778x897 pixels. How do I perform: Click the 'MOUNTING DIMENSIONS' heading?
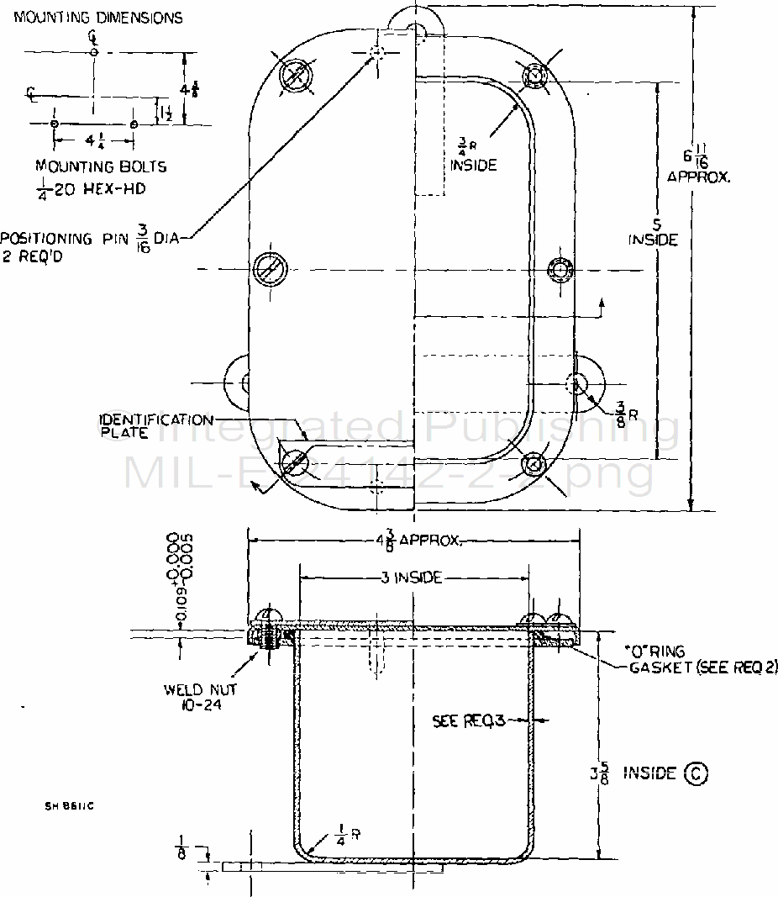(x=98, y=17)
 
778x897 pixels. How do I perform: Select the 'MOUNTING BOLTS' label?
(x=101, y=166)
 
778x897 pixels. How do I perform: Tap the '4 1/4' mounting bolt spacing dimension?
(x=92, y=140)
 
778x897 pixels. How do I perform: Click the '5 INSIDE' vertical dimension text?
(x=653, y=231)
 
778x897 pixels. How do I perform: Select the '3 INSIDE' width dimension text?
(x=413, y=578)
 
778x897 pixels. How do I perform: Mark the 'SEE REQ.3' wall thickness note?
(x=468, y=720)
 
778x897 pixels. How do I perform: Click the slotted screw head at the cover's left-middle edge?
(x=270, y=267)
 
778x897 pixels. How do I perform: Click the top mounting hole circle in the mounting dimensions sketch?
(x=93, y=52)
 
